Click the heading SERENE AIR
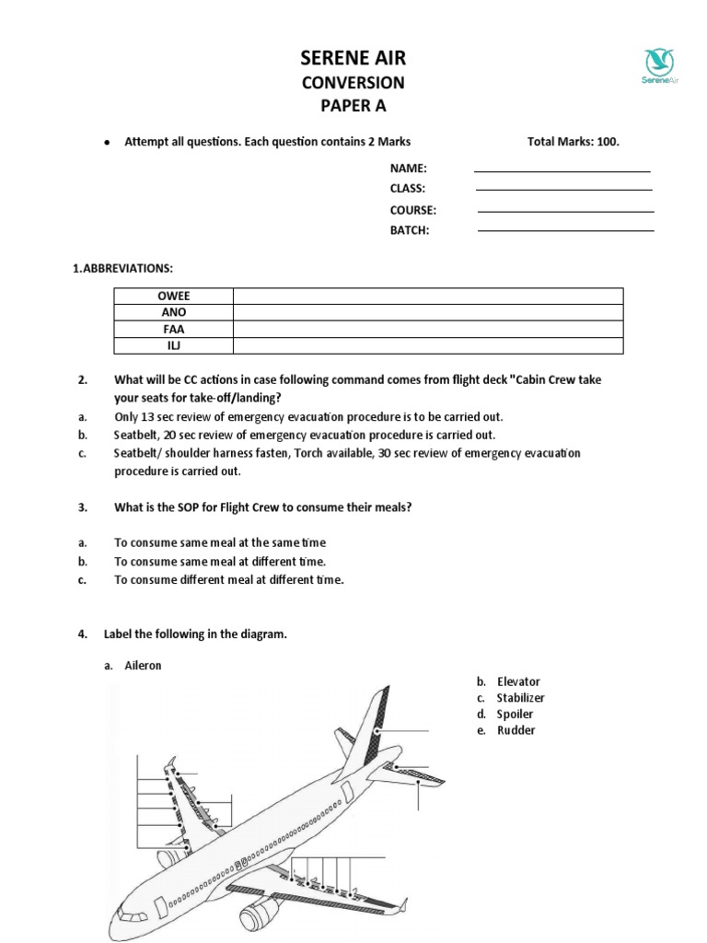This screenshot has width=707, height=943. coord(353,59)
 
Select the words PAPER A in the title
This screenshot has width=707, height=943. coord(353,105)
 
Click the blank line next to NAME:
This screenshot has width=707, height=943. coord(562,170)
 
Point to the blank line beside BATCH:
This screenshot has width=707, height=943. coord(565,230)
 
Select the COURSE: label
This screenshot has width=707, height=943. coord(412,210)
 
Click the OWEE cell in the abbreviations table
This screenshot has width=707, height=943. coord(174,296)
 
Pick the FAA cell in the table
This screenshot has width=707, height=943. coord(174,329)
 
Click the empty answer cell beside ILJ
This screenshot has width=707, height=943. coord(428,345)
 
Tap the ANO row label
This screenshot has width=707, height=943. coord(174,312)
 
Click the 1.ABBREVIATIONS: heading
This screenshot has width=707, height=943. coord(122,268)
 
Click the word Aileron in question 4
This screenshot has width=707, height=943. coord(143,665)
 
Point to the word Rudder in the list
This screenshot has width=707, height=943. coord(516,730)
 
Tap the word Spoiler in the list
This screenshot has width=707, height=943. coord(516,714)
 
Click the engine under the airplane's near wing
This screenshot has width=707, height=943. coord(260,916)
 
